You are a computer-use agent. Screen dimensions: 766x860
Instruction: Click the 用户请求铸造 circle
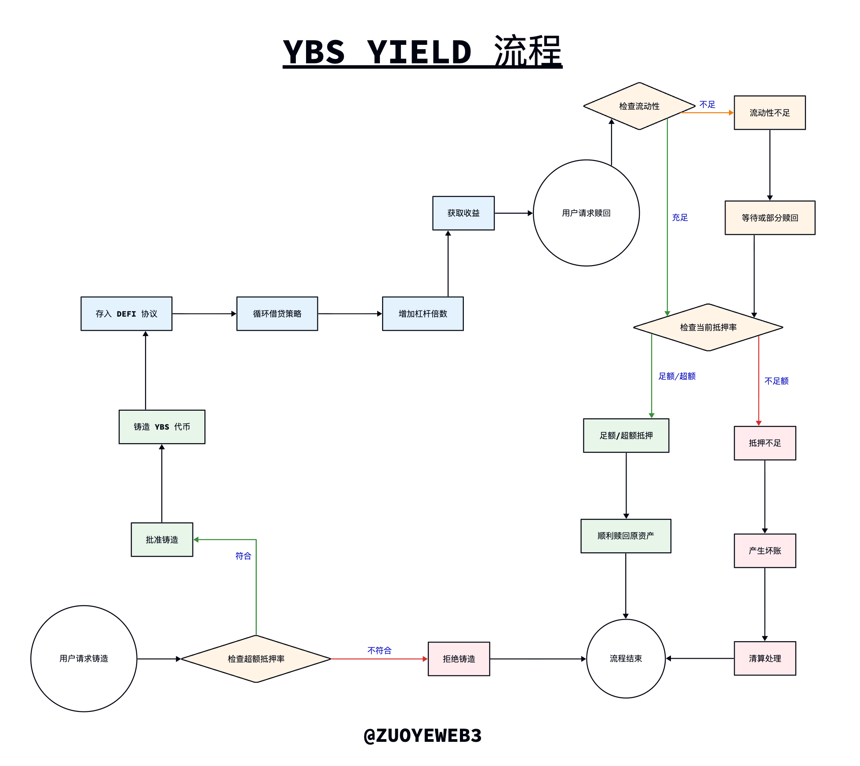tap(84, 658)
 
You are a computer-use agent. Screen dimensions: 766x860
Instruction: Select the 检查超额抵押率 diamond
tap(256, 659)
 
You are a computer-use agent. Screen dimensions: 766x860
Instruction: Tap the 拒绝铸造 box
tap(459, 659)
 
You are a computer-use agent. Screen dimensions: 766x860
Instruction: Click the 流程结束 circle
tap(626, 658)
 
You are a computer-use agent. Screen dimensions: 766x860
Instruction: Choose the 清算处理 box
tap(765, 658)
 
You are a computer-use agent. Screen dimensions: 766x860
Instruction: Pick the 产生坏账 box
tap(765, 551)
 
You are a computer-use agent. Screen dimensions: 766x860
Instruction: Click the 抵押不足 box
tap(765, 443)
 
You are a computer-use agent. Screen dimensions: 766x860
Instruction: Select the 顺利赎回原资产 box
tap(626, 536)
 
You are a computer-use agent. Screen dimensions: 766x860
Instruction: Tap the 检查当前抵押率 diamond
tap(708, 327)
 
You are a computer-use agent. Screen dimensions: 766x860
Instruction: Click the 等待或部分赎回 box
tap(770, 218)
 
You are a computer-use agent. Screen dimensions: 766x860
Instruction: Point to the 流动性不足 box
tap(769, 113)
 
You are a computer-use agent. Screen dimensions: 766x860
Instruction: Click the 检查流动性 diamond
tap(639, 106)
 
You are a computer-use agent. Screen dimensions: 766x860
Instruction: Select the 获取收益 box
tap(463, 213)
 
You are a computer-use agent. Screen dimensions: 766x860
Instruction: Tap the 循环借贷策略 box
tap(277, 314)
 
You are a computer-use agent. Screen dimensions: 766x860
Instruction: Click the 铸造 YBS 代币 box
tap(162, 427)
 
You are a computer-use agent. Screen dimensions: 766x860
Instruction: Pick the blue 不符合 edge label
tap(379, 650)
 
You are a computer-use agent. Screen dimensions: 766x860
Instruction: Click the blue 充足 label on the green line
tap(680, 217)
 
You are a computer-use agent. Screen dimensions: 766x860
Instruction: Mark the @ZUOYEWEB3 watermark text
tap(423, 735)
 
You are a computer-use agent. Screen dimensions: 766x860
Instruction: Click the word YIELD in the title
tap(419, 52)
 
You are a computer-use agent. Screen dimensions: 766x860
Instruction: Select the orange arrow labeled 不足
tap(707, 113)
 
